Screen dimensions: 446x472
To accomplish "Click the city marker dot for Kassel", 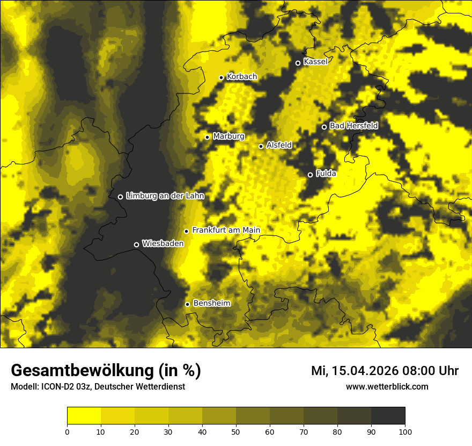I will click(x=298, y=63).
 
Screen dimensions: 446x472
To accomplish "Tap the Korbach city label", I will click(x=242, y=77).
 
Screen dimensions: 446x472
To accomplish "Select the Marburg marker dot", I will click(x=207, y=137).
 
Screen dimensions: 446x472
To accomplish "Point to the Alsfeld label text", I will click(x=279, y=145).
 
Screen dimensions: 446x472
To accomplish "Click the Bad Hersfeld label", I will click(x=353, y=126).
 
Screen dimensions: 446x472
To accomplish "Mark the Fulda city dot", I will click(x=310, y=175).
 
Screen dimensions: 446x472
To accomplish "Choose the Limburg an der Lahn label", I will click(x=165, y=196).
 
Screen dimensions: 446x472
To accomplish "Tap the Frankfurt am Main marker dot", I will click(x=186, y=231).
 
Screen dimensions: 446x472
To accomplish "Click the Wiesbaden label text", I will click(x=163, y=243).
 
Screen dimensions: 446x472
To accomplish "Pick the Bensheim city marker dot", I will click(x=187, y=304).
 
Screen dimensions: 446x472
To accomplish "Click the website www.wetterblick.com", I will click(x=387, y=386).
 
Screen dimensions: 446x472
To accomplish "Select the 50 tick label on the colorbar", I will click(x=236, y=431).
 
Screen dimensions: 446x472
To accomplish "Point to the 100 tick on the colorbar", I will click(x=405, y=431).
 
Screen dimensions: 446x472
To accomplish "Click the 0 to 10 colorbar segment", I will click(x=84, y=416).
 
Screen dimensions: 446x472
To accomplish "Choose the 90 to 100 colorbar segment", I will click(x=388, y=416).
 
